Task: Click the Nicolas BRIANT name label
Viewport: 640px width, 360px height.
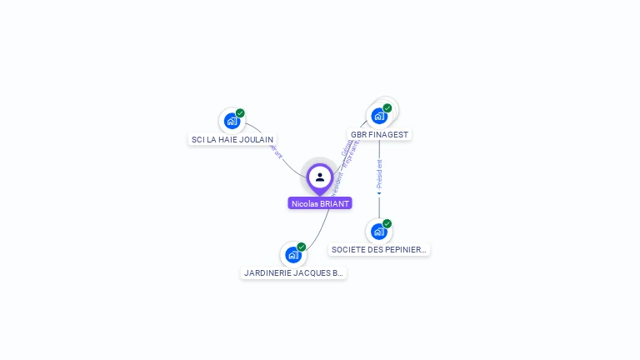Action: [x=320, y=203]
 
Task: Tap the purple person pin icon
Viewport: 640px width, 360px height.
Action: [x=320, y=177]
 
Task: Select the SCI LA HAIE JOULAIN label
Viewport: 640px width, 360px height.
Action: [x=232, y=140]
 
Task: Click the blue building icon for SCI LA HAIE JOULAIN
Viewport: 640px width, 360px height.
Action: [x=232, y=121]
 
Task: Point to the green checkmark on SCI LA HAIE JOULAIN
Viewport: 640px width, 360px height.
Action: [x=240, y=113]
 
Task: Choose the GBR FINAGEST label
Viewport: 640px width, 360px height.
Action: [x=379, y=134]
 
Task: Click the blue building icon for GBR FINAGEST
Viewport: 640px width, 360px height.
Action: [x=379, y=116]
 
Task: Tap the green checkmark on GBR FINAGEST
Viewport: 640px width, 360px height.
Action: [x=387, y=108]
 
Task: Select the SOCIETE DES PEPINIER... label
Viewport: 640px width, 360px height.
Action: [x=379, y=249]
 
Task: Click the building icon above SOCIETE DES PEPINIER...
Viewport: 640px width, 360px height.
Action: [x=378, y=231]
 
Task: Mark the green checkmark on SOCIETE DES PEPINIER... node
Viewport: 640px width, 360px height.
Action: [x=387, y=223]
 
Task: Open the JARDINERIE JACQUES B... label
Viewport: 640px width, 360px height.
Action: [x=293, y=272]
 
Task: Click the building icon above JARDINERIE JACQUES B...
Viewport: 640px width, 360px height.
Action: [x=292, y=254]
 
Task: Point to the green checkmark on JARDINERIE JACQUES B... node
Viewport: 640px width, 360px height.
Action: [x=302, y=247]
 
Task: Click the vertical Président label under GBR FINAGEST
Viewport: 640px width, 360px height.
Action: [x=379, y=172]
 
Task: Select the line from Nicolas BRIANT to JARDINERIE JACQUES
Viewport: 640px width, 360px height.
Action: [x=320, y=229]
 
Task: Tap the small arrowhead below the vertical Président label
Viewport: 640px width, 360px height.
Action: [x=379, y=193]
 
